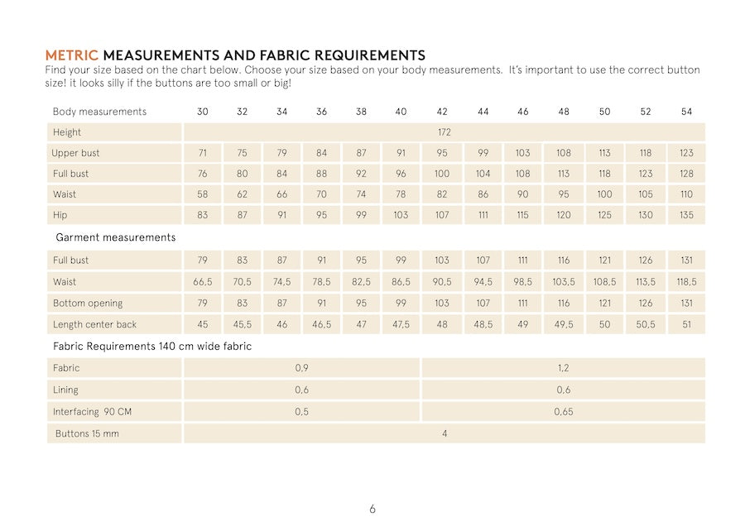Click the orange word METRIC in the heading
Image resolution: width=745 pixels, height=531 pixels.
(x=71, y=55)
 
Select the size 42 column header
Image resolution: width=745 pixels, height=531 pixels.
(x=442, y=112)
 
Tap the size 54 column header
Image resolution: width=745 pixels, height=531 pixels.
(x=686, y=112)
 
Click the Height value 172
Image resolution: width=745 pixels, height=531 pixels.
(x=444, y=132)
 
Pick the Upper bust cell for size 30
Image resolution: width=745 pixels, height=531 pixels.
(x=202, y=153)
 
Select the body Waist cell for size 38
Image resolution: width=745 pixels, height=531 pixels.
(x=361, y=194)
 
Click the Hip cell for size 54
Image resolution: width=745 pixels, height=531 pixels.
(x=686, y=215)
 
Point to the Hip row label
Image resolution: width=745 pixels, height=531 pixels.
(x=60, y=215)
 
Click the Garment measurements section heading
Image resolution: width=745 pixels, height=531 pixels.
(x=115, y=237)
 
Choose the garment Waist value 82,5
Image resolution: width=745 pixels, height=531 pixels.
(x=361, y=282)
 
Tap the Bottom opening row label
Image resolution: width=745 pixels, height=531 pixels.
(x=87, y=304)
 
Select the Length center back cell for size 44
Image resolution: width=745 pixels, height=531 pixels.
(x=483, y=324)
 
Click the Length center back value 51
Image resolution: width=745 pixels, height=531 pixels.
(x=686, y=324)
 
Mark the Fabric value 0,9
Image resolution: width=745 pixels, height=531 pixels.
(x=301, y=368)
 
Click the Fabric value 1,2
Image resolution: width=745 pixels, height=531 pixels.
(x=563, y=368)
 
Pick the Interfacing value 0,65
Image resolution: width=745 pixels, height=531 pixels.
(x=563, y=411)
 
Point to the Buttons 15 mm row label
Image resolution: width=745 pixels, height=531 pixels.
(x=87, y=433)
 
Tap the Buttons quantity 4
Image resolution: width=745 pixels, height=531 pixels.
(x=445, y=433)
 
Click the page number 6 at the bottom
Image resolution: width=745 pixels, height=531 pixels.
(x=372, y=509)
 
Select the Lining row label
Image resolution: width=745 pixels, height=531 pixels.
(x=65, y=390)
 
